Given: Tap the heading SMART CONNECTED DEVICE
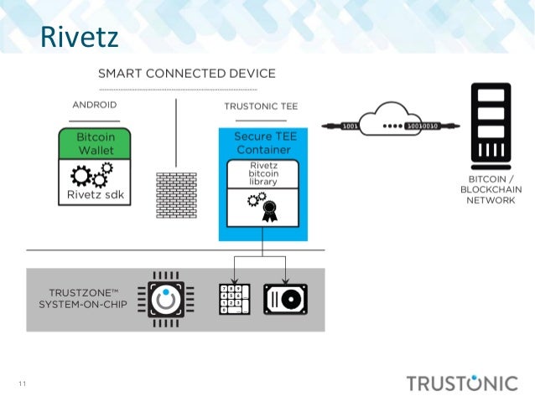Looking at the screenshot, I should (x=186, y=74).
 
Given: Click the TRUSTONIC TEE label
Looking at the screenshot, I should (x=261, y=106).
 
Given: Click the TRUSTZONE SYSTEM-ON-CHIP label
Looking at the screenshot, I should (x=78, y=297).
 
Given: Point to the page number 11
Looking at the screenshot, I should (x=23, y=384).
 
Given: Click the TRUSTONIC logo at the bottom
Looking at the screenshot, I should (x=462, y=383).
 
